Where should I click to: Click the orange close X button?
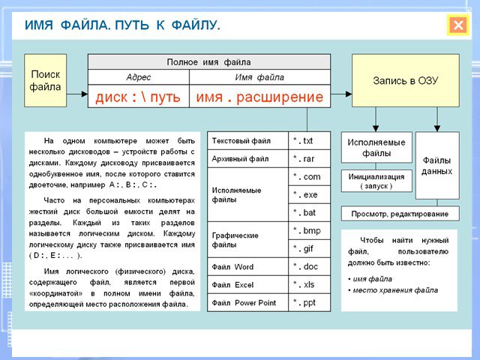(458, 25)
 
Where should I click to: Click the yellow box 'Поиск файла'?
(45, 80)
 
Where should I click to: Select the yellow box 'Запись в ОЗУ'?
(406, 80)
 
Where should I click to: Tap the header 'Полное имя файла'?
(209, 62)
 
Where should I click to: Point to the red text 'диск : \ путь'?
(138, 97)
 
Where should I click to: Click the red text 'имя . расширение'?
(259, 97)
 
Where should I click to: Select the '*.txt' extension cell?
(309, 141)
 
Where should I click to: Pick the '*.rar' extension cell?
(309, 159)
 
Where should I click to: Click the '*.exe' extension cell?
(309, 195)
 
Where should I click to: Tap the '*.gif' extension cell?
(309, 248)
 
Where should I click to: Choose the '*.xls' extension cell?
(309, 285)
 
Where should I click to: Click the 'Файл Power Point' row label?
(244, 303)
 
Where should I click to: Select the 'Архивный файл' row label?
(240, 159)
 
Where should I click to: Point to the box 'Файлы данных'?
(437, 166)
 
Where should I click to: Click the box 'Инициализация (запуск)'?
(376, 181)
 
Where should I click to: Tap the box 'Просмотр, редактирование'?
(400, 214)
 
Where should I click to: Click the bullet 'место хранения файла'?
(393, 290)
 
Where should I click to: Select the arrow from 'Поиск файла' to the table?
(77, 94)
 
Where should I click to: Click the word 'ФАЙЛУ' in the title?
(195, 25)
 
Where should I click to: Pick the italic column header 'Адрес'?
(138, 77)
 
